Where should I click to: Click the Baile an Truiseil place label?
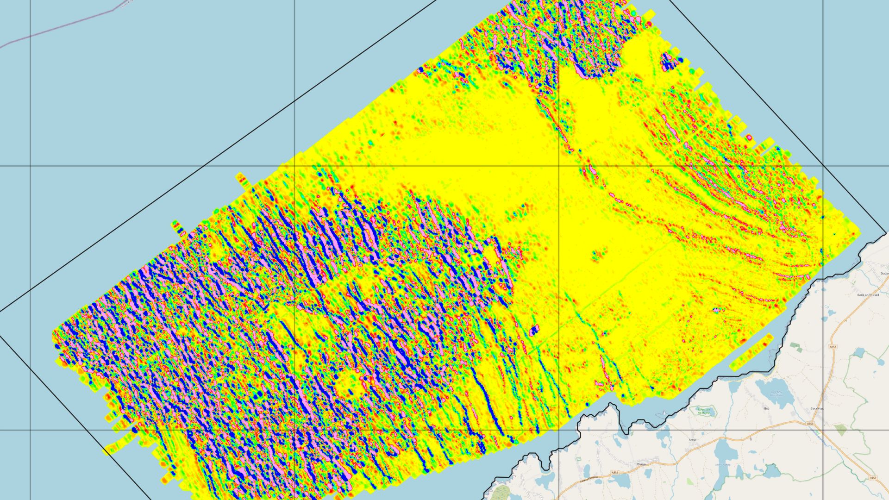point(868,294)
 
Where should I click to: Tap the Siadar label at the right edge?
point(884,273)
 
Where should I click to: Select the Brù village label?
point(766,408)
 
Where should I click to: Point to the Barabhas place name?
point(817,409)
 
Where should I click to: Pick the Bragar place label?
point(641,462)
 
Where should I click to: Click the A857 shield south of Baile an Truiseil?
point(833,347)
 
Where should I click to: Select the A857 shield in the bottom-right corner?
point(872,478)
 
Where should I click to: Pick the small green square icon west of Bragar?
point(578,459)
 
